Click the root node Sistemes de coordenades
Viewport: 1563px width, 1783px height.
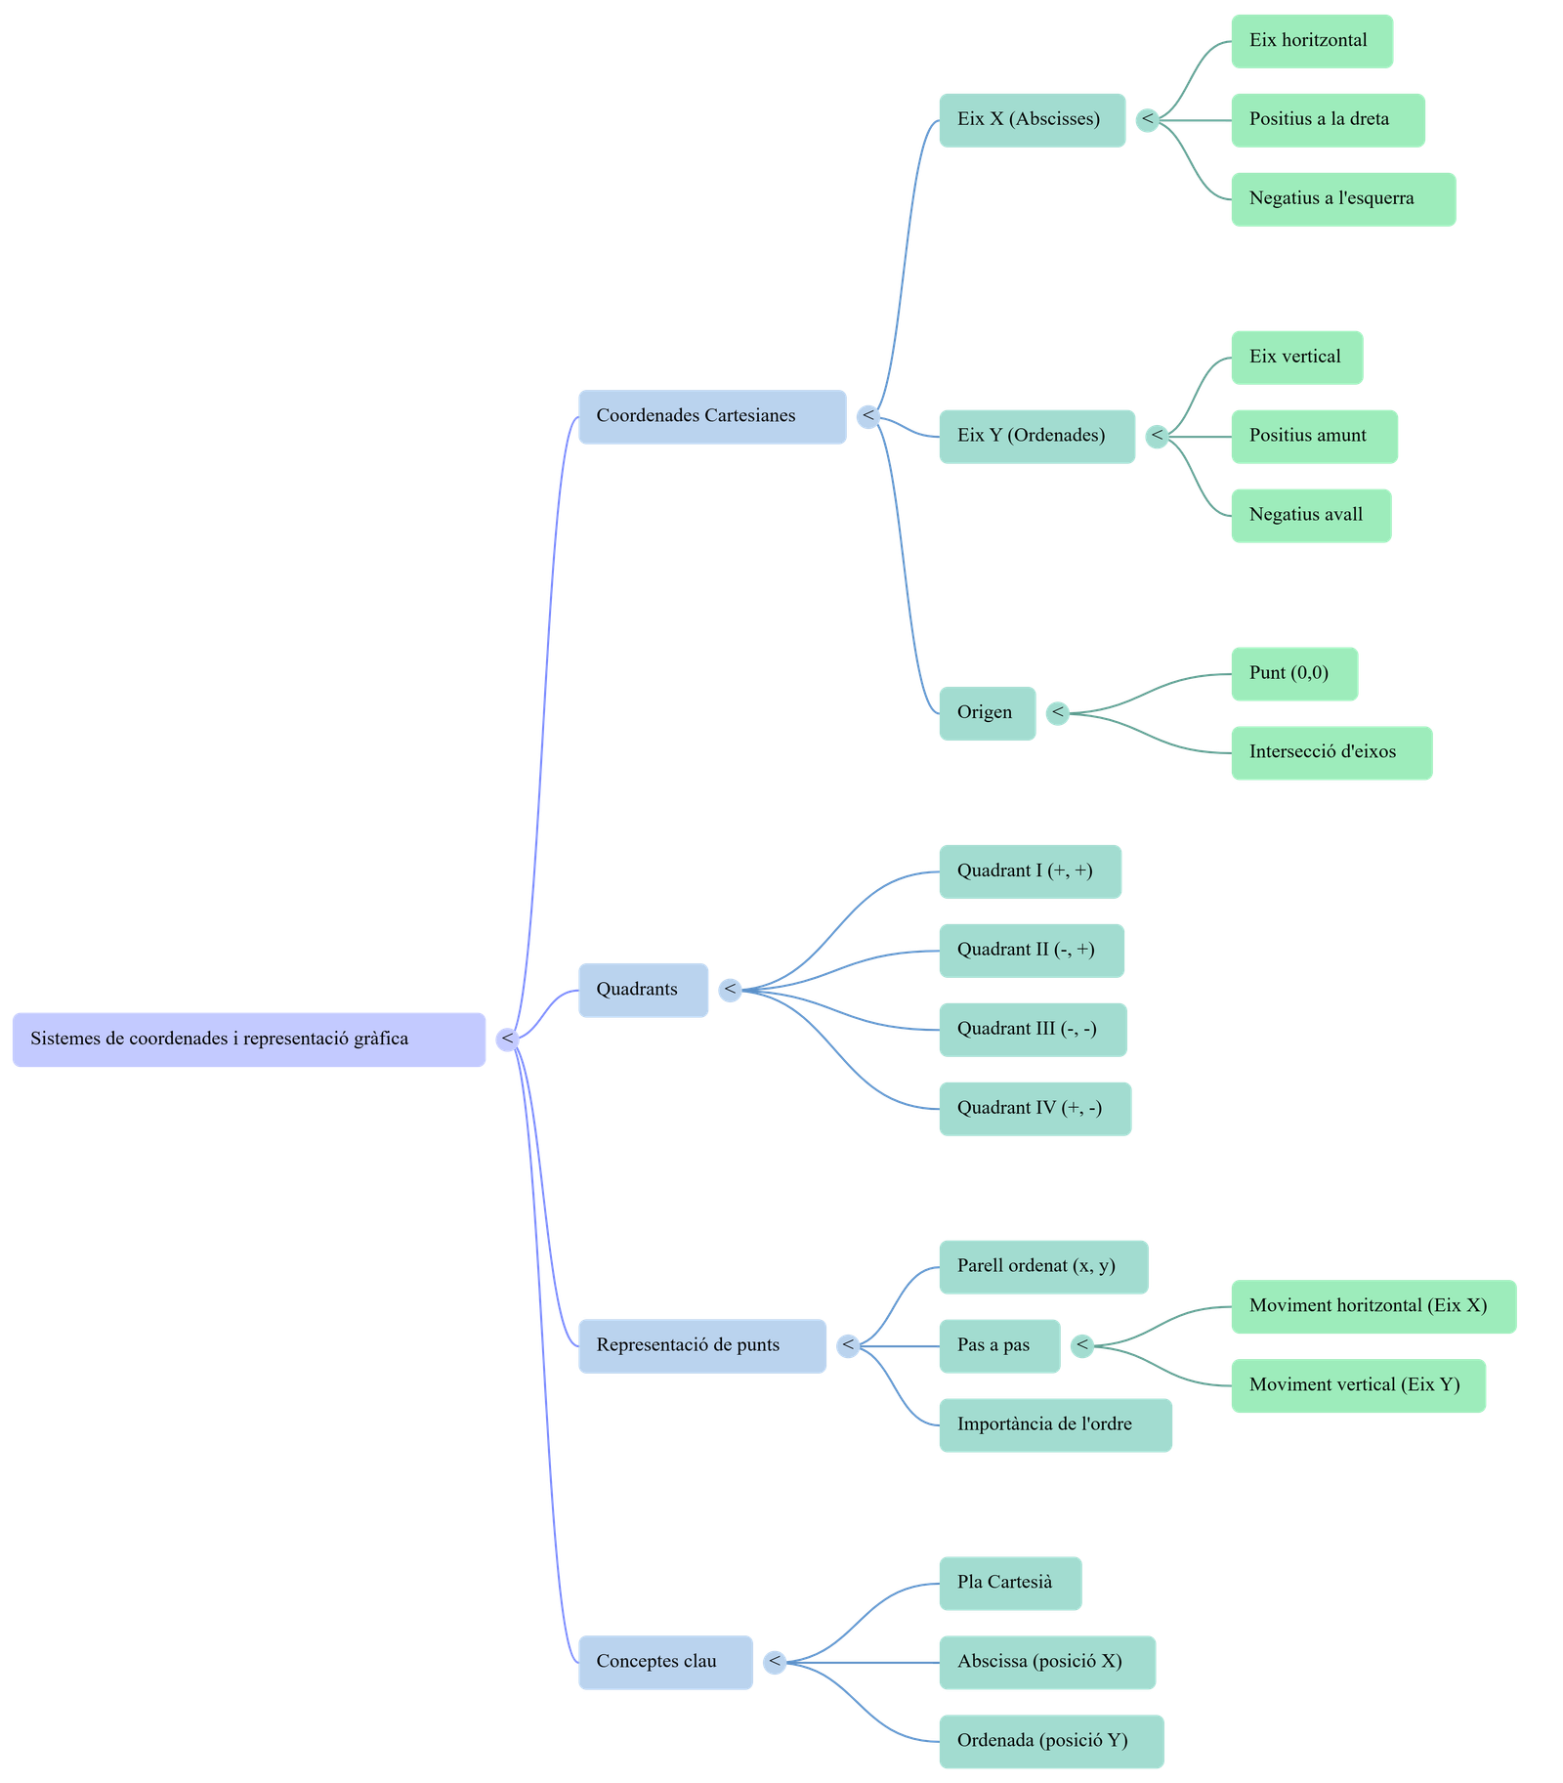248,1040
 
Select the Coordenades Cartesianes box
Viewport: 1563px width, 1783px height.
711,417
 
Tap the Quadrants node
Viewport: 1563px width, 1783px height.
643,991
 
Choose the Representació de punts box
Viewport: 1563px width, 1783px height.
701,1346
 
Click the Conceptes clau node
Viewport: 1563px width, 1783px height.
665,1662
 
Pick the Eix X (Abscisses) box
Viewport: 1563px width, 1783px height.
1032,120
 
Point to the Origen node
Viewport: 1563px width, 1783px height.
987,713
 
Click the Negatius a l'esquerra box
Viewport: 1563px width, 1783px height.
1342,199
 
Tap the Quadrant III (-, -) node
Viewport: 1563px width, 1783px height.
1033,1030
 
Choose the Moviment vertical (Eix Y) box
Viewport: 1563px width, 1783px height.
1358,1385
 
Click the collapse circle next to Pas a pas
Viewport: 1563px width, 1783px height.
1081,1346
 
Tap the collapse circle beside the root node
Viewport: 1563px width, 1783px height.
507,1040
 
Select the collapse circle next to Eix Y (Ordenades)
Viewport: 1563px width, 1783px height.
1157,436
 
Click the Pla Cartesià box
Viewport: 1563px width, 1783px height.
1009,1583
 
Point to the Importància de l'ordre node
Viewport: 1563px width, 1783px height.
1055,1425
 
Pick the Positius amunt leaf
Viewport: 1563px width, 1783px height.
1314,437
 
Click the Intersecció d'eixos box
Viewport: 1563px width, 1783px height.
1331,753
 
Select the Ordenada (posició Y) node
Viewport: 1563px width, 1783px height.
1051,1741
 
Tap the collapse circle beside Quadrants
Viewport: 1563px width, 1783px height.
730,991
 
